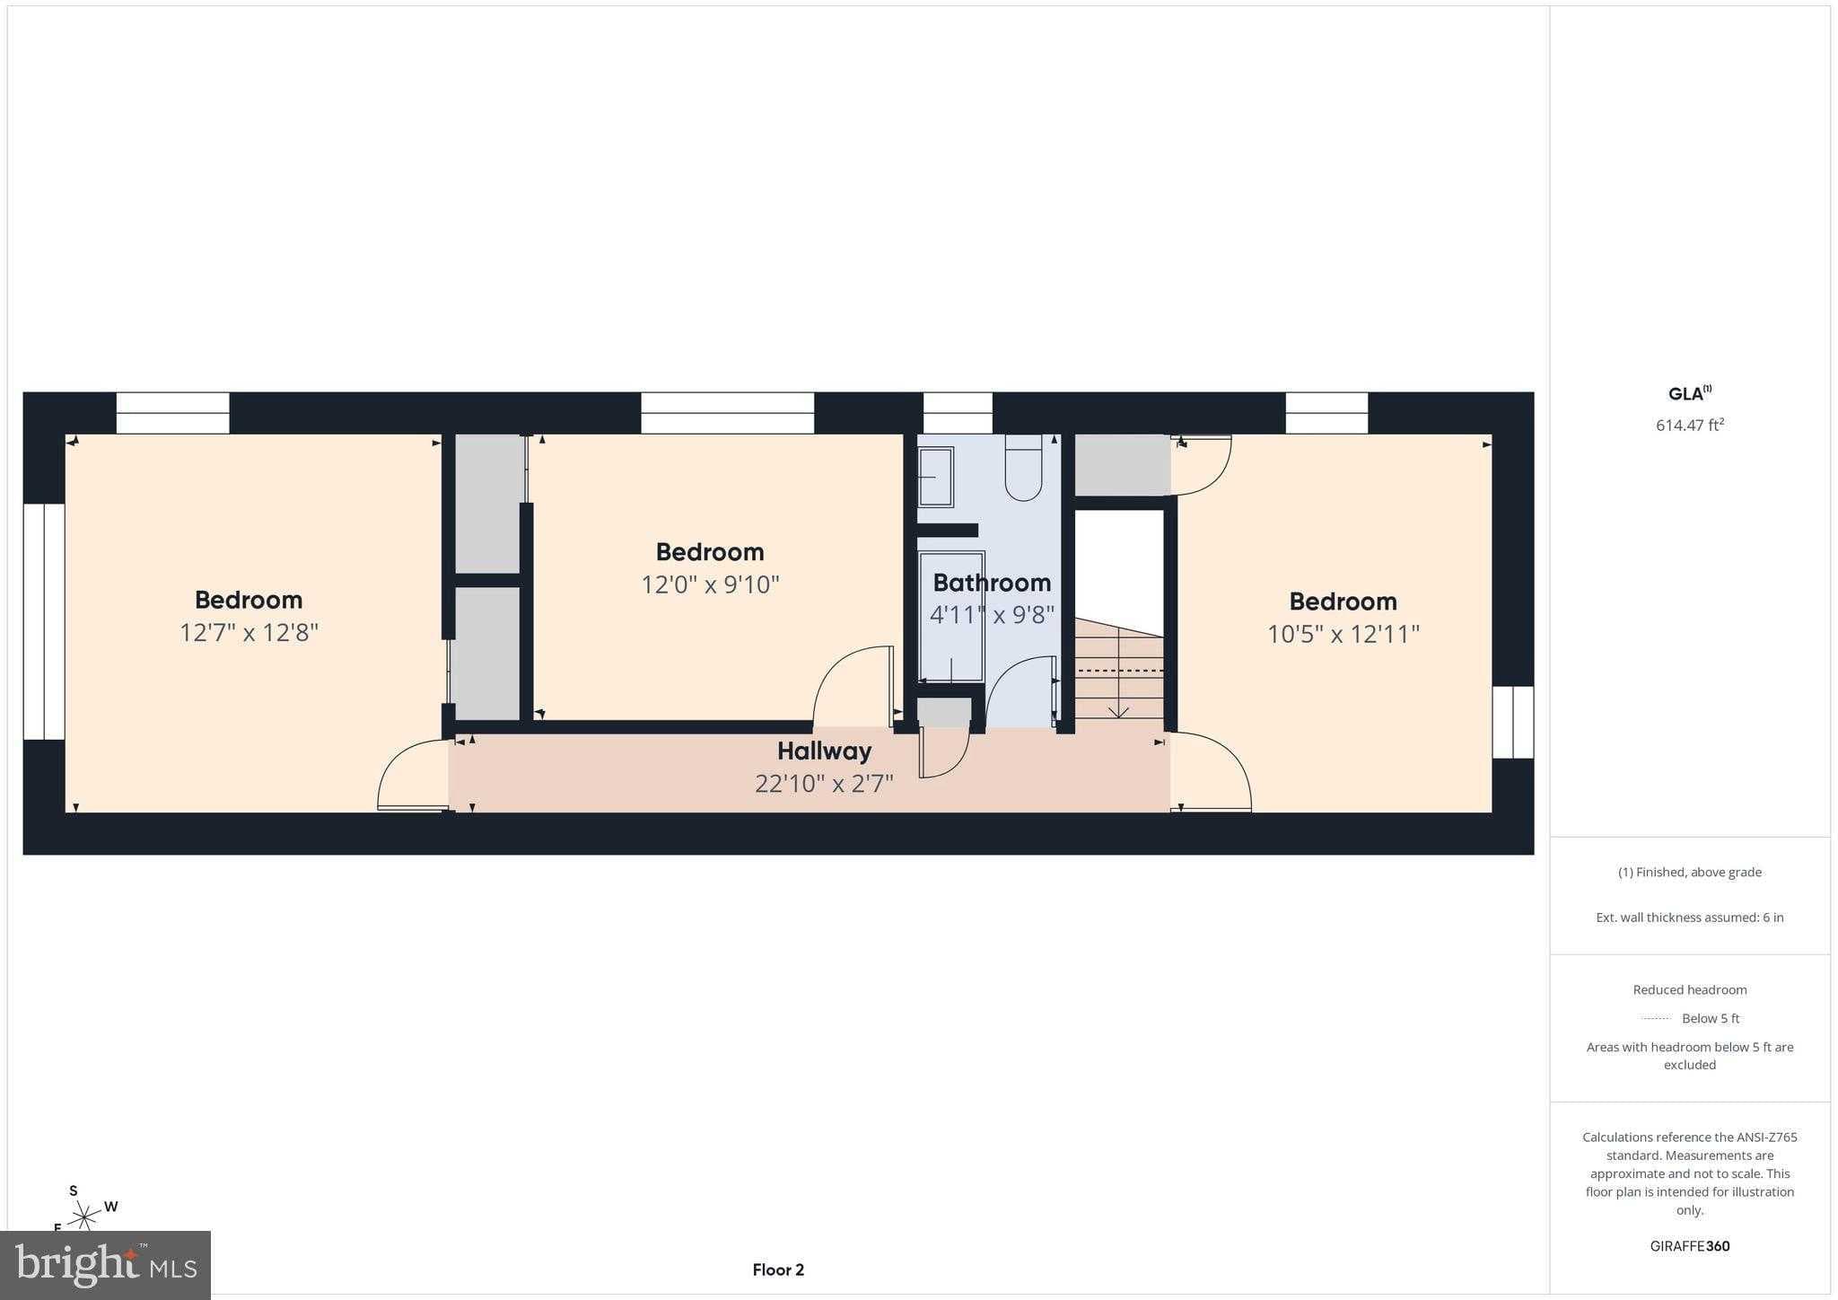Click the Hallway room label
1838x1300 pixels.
point(824,751)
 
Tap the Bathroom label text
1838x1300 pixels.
point(992,583)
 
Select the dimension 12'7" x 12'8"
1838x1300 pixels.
point(249,632)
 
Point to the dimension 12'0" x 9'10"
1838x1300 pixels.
point(710,584)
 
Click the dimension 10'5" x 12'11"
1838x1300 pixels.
point(1343,634)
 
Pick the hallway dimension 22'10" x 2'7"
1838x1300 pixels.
point(824,784)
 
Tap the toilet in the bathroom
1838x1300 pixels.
point(1023,467)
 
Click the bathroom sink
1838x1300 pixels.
point(935,477)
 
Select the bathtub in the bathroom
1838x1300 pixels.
point(950,617)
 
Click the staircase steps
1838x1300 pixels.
point(1119,669)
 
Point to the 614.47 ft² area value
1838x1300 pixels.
point(1690,425)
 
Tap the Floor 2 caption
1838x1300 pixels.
point(778,1269)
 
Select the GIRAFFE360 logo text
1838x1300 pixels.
point(1690,1246)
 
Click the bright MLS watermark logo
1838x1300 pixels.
point(106,1265)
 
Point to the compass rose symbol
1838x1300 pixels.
point(86,1217)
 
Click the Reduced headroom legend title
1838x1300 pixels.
point(1690,989)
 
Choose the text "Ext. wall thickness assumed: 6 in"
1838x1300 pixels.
point(1690,918)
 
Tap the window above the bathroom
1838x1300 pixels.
point(958,413)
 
